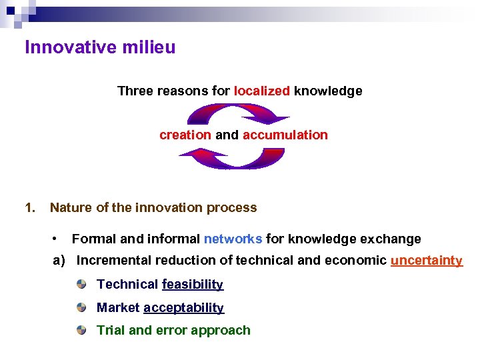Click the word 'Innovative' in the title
[x=63, y=48]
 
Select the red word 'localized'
[x=262, y=91]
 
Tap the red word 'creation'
[x=185, y=135]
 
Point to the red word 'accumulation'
[x=285, y=135]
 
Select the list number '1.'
[x=29, y=207]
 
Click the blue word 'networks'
[x=233, y=239]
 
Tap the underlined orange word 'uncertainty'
[x=426, y=261]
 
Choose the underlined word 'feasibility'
[x=193, y=285]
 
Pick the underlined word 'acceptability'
[x=183, y=308]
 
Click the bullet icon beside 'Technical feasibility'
[x=81, y=285]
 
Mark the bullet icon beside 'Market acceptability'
[x=81, y=307]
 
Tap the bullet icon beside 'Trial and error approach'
[x=81, y=330]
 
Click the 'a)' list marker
[x=59, y=261]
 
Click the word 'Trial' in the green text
[x=111, y=330]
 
